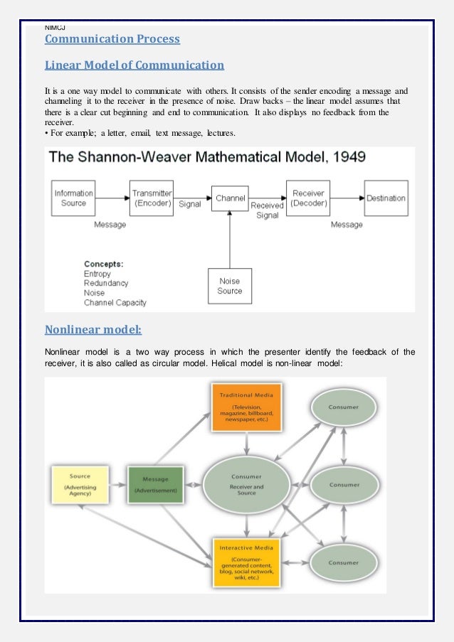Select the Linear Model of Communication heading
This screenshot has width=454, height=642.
[134, 66]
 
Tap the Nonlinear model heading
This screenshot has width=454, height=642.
[93, 329]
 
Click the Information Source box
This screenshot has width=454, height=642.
[73, 198]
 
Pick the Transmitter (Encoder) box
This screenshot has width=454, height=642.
[152, 198]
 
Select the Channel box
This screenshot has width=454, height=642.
[230, 198]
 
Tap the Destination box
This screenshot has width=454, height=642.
[386, 198]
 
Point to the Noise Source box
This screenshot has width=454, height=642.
[230, 286]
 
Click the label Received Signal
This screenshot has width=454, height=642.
[268, 210]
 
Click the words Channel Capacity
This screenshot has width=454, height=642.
[115, 302]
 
